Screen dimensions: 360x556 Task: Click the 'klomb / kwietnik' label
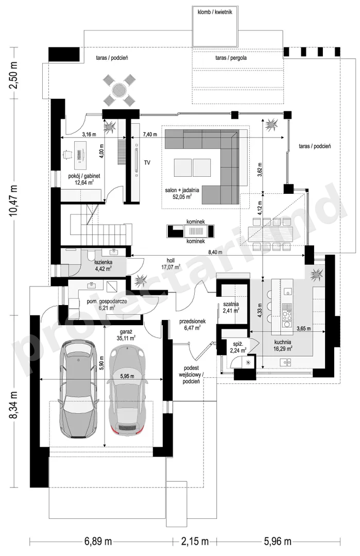pyautogui.click(x=215, y=12)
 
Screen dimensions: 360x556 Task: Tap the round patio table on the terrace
pyautogui.click(x=119, y=90)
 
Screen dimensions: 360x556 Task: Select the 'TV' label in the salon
pyautogui.click(x=147, y=163)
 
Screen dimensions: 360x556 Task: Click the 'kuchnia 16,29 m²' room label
pyautogui.click(x=282, y=346)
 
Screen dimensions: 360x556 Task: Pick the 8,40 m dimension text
pyautogui.click(x=215, y=252)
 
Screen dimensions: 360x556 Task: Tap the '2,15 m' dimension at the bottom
pyautogui.click(x=195, y=542)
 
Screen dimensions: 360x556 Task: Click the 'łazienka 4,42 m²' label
pyautogui.click(x=103, y=265)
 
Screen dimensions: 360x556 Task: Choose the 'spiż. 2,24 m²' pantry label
pyautogui.click(x=238, y=347)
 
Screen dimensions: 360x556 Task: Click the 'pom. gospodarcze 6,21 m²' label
pyautogui.click(x=107, y=305)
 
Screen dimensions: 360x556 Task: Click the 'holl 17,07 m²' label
pyautogui.click(x=171, y=263)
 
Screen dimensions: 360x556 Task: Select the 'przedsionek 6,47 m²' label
pyautogui.click(x=193, y=325)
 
